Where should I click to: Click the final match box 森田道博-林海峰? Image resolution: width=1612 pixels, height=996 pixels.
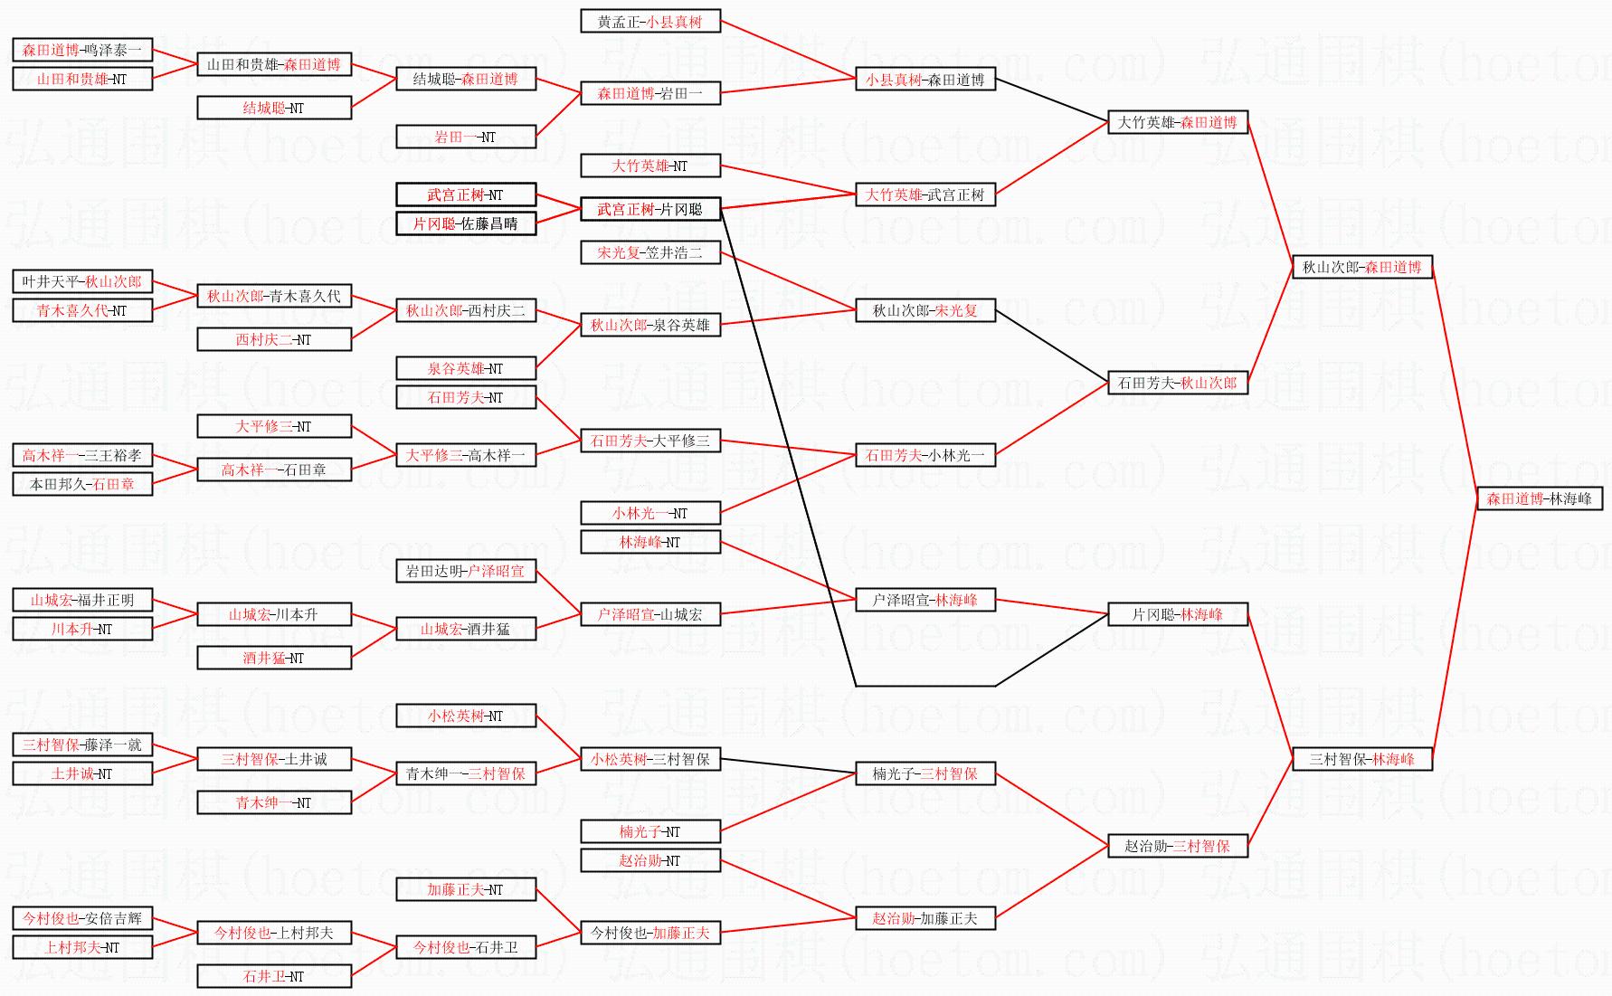(x=1540, y=498)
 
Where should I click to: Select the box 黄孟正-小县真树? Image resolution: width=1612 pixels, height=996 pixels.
(x=650, y=22)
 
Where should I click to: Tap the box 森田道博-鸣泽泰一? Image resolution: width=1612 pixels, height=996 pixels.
(x=82, y=51)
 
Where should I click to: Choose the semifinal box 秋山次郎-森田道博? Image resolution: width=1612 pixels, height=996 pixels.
(x=1362, y=267)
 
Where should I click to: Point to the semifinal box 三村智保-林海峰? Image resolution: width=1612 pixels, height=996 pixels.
(x=1362, y=759)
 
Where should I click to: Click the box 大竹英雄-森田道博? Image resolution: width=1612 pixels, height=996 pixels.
(x=1178, y=122)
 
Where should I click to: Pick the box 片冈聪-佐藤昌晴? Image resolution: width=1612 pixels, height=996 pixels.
(x=466, y=223)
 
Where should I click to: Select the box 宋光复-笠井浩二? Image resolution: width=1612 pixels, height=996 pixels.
(x=650, y=252)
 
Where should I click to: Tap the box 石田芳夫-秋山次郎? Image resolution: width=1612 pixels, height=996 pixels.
(x=1178, y=383)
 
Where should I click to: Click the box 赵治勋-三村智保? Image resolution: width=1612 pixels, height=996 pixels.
(x=1178, y=846)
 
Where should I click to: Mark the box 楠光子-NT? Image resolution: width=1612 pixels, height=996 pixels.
(x=650, y=831)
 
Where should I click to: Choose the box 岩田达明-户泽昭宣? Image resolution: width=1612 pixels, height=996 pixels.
(x=466, y=571)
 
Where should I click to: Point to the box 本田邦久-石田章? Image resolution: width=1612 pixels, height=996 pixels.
(x=82, y=484)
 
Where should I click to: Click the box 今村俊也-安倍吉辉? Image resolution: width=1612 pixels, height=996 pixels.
(x=82, y=918)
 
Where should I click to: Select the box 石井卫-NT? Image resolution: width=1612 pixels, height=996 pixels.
(x=274, y=976)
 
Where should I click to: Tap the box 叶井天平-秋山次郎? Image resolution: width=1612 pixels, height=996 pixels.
(x=82, y=281)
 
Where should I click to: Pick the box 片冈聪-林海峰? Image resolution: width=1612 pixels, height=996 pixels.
(x=1178, y=614)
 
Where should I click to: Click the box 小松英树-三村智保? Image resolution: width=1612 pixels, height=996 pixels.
(x=650, y=759)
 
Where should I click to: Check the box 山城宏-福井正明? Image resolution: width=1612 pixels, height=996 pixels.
(x=82, y=600)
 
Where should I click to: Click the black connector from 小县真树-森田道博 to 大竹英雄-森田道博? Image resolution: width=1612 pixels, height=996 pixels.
(x=1052, y=100)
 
